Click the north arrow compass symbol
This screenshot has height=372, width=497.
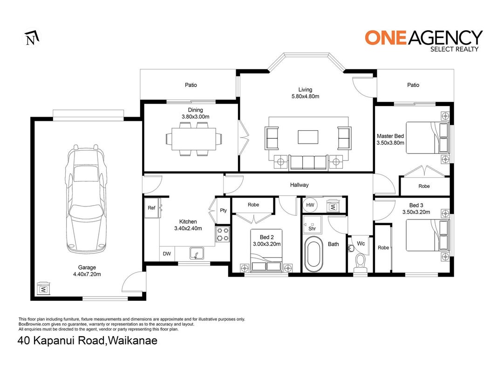click(32, 38)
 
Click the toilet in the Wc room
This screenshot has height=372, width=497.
click(360, 263)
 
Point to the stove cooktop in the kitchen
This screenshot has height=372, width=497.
click(223, 234)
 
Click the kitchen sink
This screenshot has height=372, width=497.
click(197, 253)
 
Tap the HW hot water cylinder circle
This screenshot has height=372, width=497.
click(310, 205)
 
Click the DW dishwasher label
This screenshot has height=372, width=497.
click(167, 254)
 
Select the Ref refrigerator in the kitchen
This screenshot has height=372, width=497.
click(152, 208)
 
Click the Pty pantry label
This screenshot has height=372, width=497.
click(224, 210)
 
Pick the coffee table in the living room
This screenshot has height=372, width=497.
click(308, 137)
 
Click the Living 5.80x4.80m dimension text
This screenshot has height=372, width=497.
click(305, 96)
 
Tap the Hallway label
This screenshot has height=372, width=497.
click(299, 185)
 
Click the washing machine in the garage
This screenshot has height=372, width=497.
click(43, 288)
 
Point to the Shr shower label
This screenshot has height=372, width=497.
click(312, 228)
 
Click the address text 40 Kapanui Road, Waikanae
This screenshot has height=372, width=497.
click(88, 341)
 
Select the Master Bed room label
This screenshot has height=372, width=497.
click(390, 136)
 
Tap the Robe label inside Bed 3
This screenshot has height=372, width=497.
click(383, 248)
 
